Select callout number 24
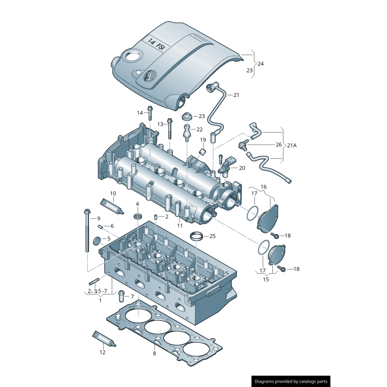pyautogui.click(x=261, y=63)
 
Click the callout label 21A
pyautogui.click(x=292, y=145)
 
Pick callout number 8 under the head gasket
pyautogui.click(x=154, y=354)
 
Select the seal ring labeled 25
pyautogui.click(x=196, y=237)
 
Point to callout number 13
pyautogui.click(x=160, y=124)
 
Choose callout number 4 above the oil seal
pyautogui.click(x=137, y=204)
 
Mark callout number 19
pyautogui.click(x=203, y=140)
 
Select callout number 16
pyautogui.click(x=264, y=186)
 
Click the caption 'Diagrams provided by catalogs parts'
pyautogui.click(x=292, y=381)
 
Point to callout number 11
pyautogui.click(x=179, y=225)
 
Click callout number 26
pyautogui.click(x=279, y=145)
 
